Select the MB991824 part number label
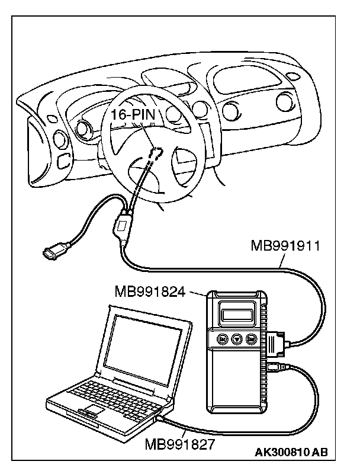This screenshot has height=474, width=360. [149, 292]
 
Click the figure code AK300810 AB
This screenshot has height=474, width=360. [291, 453]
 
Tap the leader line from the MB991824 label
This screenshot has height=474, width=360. [197, 293]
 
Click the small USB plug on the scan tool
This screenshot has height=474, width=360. [277, 366]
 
